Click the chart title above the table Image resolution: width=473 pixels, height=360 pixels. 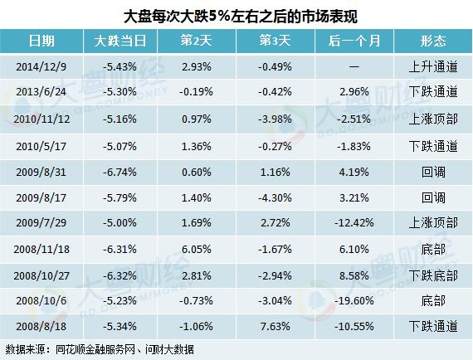pos(236,15)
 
